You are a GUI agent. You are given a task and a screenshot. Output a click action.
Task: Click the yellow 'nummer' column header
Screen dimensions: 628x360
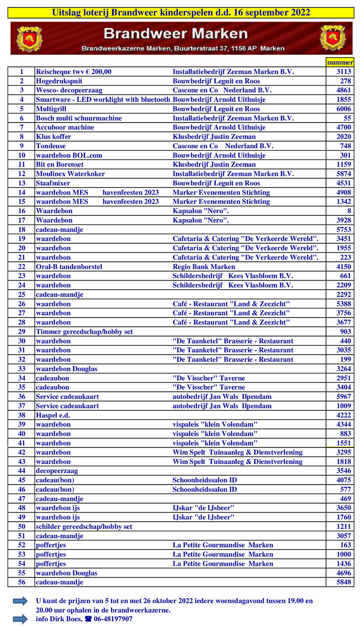(340, 62)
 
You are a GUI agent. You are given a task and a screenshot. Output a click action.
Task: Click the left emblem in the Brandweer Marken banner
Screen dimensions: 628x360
(29, 38)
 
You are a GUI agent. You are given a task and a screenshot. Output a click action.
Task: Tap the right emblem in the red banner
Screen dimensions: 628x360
(332, 38)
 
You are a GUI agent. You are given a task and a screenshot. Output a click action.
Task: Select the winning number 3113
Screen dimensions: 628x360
(343, 72)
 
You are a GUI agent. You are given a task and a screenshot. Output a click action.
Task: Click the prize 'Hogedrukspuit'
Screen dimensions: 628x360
(59, 81)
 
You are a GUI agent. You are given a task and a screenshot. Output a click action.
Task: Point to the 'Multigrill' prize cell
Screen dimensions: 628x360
(51, 109)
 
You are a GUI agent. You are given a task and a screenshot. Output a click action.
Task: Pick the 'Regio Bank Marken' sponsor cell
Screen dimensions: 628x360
(204, 267)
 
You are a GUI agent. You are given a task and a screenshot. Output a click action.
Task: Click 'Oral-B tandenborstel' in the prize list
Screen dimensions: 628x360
(69, 267)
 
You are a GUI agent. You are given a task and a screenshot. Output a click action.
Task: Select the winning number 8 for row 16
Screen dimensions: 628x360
(349, 211)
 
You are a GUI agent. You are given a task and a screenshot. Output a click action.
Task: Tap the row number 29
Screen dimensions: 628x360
(22, 332)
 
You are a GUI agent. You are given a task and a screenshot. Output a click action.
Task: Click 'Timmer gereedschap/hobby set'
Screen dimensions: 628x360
(84, 332)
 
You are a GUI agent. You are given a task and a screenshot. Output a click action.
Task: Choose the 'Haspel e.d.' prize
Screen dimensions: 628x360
(53, 415)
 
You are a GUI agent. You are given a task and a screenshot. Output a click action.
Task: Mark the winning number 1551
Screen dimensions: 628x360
(343, 443)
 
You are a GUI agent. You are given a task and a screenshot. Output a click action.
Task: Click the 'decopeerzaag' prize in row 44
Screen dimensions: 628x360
(57, 471)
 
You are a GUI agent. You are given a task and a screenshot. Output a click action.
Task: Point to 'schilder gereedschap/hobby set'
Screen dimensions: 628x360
(84, 527)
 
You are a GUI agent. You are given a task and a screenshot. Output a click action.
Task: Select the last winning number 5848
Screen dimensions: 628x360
(343, 582)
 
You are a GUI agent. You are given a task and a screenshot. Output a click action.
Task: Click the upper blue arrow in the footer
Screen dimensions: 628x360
(20, 601)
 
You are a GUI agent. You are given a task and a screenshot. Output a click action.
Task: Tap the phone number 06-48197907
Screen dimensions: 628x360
(113, 619)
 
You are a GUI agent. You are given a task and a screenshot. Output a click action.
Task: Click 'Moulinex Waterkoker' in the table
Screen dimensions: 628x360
(70, 174)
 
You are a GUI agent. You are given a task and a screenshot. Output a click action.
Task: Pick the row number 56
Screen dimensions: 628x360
(22, 582)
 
